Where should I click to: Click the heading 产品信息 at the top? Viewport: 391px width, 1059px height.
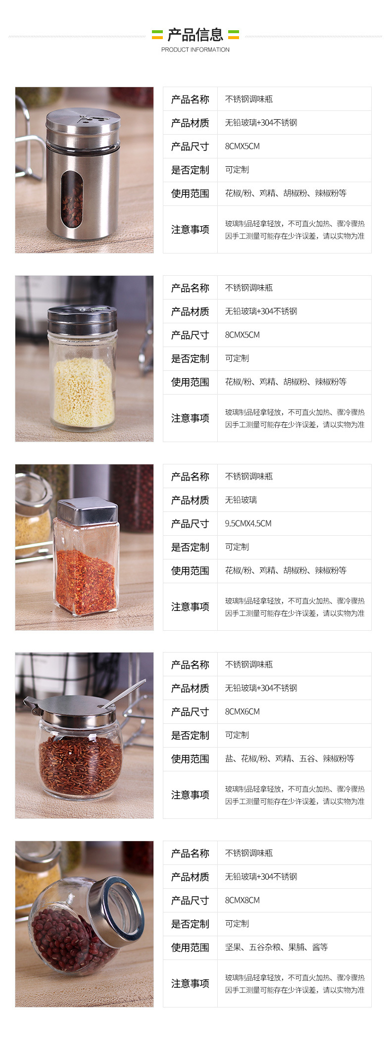click(x=195, y=35)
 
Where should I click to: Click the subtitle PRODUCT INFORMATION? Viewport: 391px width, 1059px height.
click(x=195, y=50)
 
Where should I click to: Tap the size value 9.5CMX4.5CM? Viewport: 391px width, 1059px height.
click(x=248, y=523)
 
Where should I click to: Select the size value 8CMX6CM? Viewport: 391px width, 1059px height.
click(x=242, y=711)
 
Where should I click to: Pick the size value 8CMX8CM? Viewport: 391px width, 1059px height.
click(x=242, y=900)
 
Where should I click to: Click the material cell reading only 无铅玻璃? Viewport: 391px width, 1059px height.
click(x=241, y=500)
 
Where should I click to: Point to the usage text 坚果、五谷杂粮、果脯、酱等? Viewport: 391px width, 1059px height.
click(x=276, y=947)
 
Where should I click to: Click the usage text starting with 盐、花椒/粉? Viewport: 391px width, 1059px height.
click(x=290, y=758)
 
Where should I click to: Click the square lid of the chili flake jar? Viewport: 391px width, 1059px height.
click(x=87, y=511)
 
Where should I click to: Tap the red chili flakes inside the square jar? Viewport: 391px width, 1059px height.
click(x=85, y=582)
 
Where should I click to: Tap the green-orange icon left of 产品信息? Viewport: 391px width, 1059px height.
click(x=157, y=35)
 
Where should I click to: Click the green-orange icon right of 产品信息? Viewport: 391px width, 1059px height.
click(x=233, y=35)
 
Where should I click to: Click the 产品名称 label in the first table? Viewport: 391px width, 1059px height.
click(x=190, y=99)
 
